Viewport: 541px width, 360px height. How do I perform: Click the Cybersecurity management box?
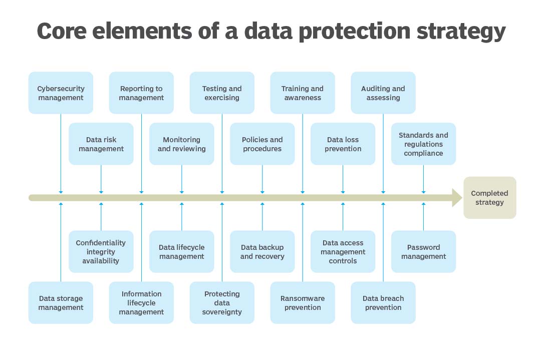tap(61, 93)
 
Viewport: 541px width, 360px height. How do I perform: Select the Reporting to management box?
tap(141, 93)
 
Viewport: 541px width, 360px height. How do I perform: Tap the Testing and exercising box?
tap(222, 93)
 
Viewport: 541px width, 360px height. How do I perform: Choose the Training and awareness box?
tap(303, 93)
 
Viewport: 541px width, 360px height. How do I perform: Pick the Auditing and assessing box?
tap(383, 93)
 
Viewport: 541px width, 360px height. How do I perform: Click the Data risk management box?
tap(101, 144)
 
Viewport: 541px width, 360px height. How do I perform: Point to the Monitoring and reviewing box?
tap(181, 144)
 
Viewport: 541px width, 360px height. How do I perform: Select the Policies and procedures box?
tap(262, 144)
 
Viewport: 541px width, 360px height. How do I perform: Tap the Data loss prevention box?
tap(343, 144)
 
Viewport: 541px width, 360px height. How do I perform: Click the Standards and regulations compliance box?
tap(423, 144)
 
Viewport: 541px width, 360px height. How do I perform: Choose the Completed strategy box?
tap(489, 198)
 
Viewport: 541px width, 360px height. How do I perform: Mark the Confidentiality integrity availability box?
tap(101, 252)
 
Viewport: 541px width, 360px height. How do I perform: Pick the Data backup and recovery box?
tap(262, 252)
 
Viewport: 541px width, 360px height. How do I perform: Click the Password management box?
tap(423, 252)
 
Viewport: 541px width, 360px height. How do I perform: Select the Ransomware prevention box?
tap(303, 303)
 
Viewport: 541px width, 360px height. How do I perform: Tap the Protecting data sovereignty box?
tap(222, 303)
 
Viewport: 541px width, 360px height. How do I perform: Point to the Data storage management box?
tap(61, 303)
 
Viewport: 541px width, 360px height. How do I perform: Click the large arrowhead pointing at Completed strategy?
tap(457, 198)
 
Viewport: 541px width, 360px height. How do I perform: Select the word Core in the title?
tap(62, 31)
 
